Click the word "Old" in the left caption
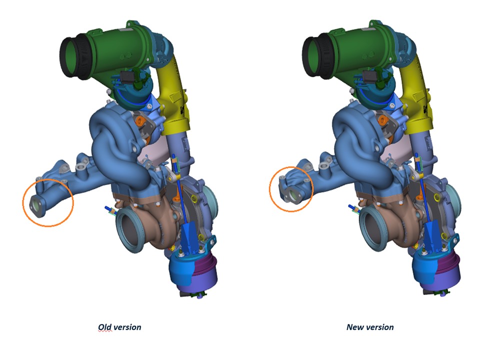pos(104,327)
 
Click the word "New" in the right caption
pos(354,327)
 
